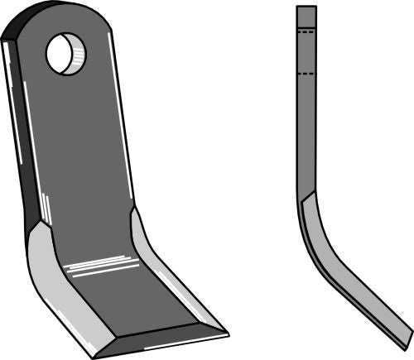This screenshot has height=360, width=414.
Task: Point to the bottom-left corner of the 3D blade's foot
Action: pos(94,355)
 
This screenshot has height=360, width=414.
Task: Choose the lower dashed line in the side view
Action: pos(306,74)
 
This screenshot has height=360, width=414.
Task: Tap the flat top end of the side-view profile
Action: pos(306,7)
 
